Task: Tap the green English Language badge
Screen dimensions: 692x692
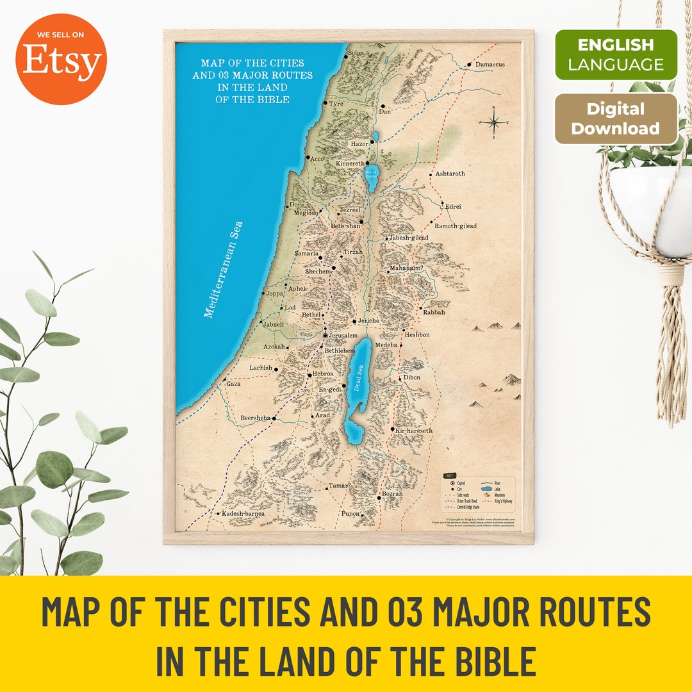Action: (x=615, y=54)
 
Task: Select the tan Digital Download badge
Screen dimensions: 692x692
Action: (x=615, y=119)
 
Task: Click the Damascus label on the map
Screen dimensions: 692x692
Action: (x=490, y=65)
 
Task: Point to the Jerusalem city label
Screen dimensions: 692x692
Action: (x=343, y=335)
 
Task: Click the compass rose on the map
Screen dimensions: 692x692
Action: (x=493, y=122)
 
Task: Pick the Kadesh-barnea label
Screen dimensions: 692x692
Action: (x=243, y=514)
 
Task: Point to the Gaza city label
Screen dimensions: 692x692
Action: (x=233, y=383)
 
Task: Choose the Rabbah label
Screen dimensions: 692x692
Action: (x=434, y=312)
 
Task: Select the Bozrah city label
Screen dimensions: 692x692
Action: (x=392, y=494)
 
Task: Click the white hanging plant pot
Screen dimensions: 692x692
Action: (x=650, y=205)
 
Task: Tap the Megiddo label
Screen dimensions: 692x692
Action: (x=306, y=213)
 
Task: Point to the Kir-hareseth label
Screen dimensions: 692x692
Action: (x=415, y=431)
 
